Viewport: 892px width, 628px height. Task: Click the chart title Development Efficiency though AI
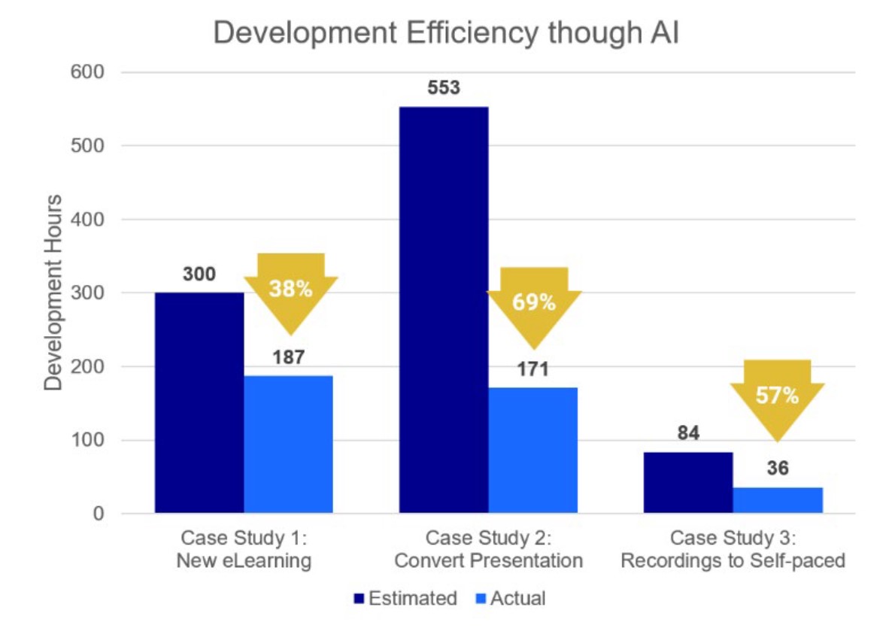pos(446,34)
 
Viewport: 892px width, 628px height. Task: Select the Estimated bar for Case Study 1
pos(199,402)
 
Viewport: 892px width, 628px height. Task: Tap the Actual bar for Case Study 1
pos(288,444)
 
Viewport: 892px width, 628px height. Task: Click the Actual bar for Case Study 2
pos(533,450)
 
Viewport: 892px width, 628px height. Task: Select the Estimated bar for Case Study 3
pos(688,482)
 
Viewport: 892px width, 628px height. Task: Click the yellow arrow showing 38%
pos(290,290)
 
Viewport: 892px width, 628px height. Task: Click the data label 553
pos(444,88)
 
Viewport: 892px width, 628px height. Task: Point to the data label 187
pos(289,356)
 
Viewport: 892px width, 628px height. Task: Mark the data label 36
pos(778,469)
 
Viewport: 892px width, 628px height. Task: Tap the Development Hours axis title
pos(53,293)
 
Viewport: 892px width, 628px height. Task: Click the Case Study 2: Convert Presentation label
pos(489,550)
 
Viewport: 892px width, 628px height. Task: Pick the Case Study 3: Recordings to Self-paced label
pos(733,550)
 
